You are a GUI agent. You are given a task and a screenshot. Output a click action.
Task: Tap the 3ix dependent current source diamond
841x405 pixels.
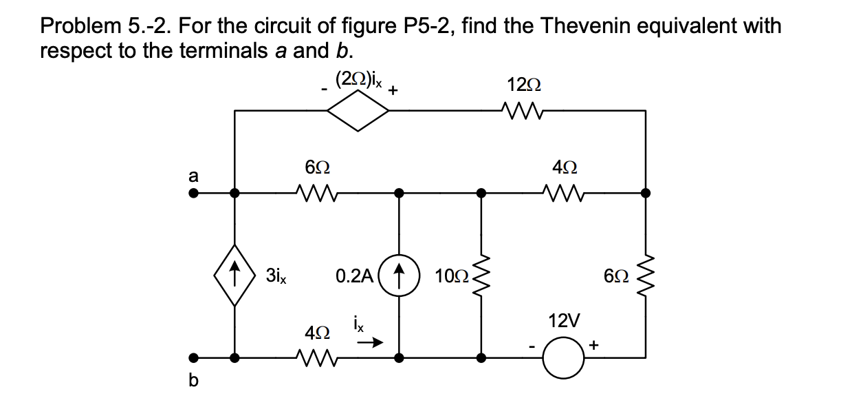coord(234,276)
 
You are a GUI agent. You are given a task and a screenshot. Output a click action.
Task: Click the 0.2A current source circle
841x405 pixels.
coord(399,276)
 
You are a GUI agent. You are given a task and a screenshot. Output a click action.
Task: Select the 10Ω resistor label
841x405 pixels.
coord(452,277)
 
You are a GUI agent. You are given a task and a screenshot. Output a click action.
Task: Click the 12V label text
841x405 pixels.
coord(564,320)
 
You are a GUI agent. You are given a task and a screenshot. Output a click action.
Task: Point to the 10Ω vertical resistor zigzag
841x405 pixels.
coord(481,276)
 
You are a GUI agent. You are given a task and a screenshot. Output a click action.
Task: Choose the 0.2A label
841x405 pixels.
coord(354,277)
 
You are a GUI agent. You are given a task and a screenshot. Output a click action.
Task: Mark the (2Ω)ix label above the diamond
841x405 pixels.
coord(358,79)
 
